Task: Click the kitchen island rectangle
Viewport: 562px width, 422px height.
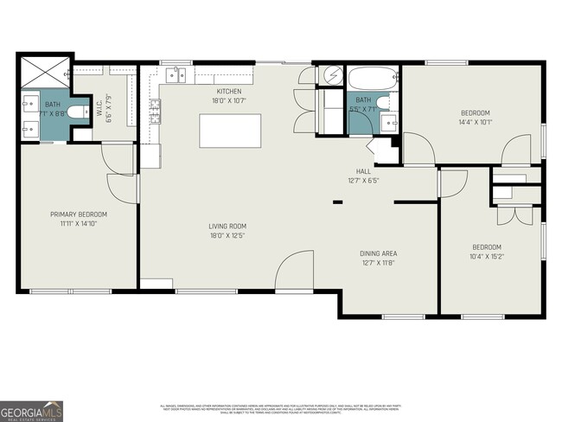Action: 230,131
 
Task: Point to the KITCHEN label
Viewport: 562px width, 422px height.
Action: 229,91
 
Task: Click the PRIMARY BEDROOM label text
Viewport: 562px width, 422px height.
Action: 79,214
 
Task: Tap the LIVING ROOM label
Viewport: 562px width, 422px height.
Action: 229,227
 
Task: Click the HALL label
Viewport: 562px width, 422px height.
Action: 363,171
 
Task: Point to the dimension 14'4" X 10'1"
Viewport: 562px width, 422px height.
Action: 475,122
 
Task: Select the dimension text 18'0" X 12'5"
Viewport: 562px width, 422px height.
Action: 229,236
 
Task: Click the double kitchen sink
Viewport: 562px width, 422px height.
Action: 176,75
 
